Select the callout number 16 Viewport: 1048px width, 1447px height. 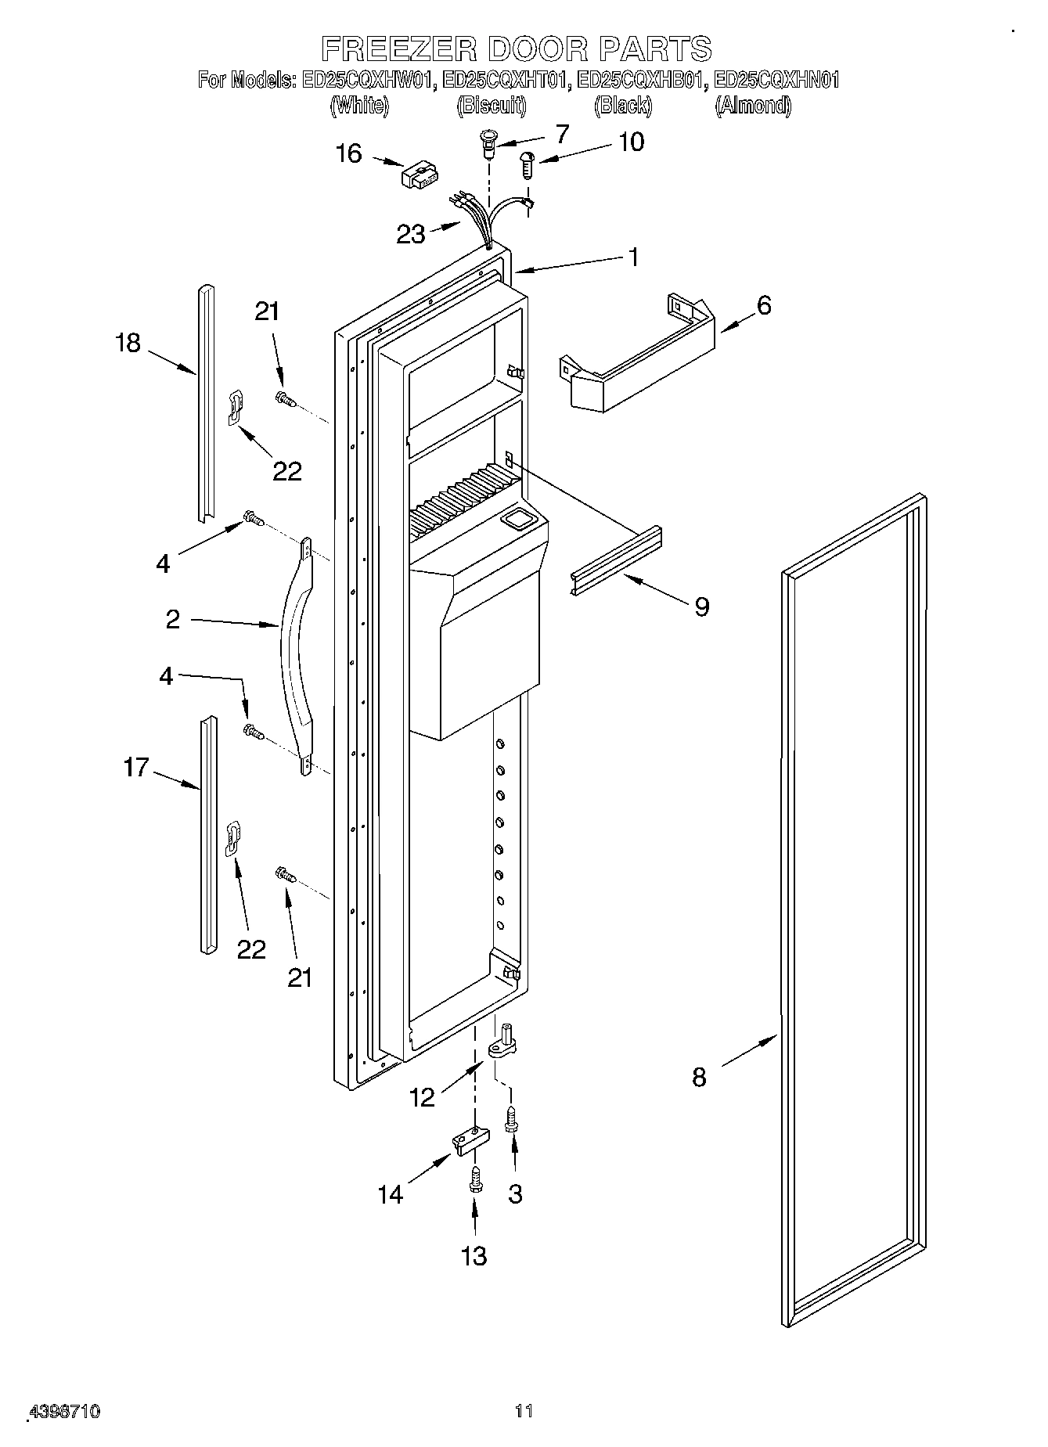click(349, 153)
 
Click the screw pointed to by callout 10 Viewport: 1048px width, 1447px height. click(527, 165)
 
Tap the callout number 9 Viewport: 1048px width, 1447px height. click(701, 605)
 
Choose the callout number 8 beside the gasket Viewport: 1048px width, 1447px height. click(699, 1077)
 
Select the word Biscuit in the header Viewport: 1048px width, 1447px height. click(491, 106)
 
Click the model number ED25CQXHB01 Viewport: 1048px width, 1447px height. click(642, 80)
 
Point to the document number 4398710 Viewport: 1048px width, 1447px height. click(64, 1412)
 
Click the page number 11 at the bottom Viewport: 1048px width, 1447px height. click(524, 1412)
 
